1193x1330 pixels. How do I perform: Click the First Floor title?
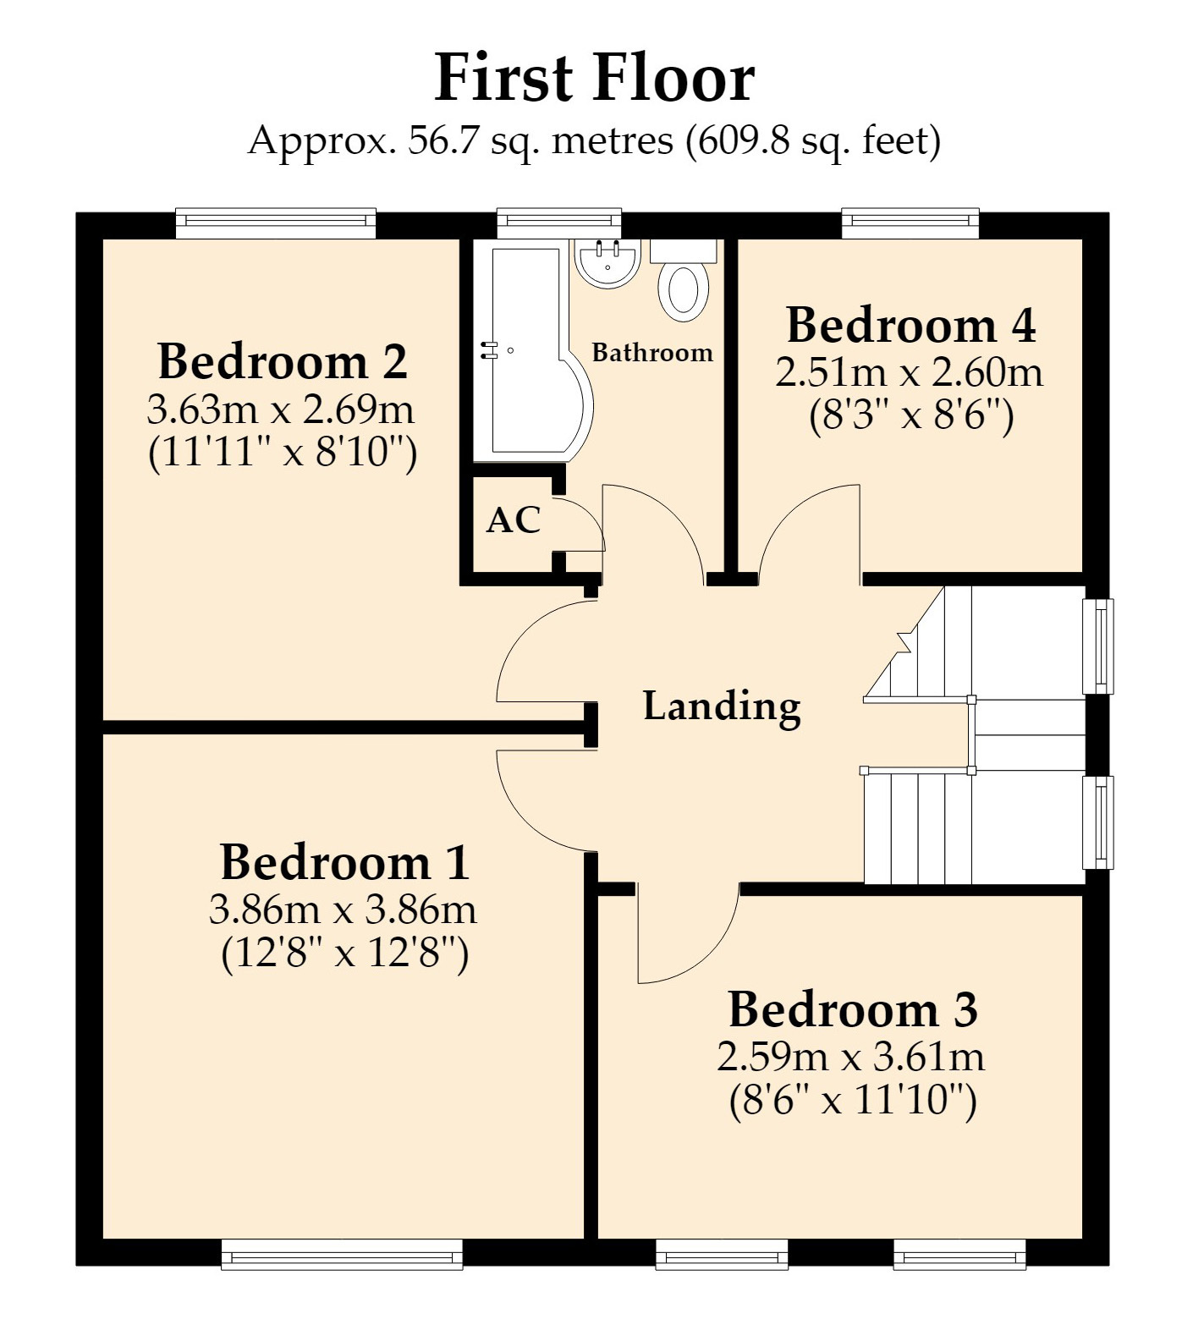594,78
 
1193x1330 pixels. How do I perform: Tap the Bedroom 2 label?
283,361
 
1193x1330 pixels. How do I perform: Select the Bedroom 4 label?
910,325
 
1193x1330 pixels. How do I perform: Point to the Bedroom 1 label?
344,862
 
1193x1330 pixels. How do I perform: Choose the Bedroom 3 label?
853,1009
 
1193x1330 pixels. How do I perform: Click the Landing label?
722,706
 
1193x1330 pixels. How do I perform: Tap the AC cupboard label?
513,520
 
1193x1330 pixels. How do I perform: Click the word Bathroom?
652,353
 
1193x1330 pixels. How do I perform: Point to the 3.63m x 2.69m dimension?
281,410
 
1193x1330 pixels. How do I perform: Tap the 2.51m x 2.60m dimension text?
910,372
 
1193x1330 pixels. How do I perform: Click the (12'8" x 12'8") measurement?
344,954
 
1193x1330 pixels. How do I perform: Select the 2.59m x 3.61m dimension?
851,1057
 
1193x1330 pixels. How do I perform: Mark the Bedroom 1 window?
342,1255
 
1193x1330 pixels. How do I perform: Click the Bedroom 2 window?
276,223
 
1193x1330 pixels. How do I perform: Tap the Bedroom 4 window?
910,223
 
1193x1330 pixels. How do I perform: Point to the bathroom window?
559,223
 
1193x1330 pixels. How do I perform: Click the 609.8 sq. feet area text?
811,140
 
